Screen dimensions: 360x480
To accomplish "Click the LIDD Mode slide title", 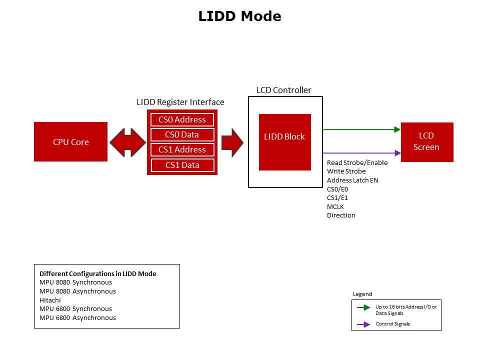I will tap(239, 16).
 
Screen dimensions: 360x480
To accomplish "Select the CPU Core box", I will tap(70, 142).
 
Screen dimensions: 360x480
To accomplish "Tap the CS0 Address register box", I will tap(182, 119).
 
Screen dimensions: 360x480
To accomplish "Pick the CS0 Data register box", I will tap(182, 134).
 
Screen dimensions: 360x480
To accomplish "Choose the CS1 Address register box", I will tap(182, 149).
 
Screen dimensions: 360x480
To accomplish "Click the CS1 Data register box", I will tap(182, 165).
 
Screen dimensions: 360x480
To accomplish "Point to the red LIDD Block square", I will tap(284, 142).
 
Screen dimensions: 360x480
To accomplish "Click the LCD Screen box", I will tap(426, 141).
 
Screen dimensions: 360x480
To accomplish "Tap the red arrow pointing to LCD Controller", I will tap(232, 142).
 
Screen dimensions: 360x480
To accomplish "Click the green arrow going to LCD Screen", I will tap(361, 129).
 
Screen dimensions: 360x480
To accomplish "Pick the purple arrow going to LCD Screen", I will tap(361, 153).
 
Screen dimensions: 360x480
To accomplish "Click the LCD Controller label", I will tap(283, 90).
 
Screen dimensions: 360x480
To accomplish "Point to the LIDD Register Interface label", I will tap(180, 102).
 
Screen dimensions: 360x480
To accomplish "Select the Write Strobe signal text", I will tap(346, 171).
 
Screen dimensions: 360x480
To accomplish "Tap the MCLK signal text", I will tap(335, 206).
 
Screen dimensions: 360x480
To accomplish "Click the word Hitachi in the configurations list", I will tap(48, 300).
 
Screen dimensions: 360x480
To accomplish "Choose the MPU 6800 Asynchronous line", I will tap(77, 317).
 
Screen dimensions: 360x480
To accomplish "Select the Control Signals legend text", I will tap(392, 324).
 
